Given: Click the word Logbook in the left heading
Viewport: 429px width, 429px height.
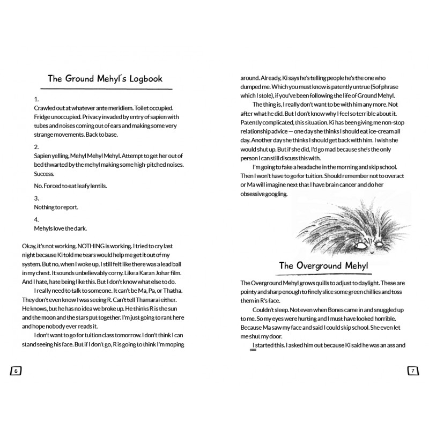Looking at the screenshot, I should (x=142, y=78).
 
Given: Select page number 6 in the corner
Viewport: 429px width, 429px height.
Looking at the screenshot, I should (x=16, y=370).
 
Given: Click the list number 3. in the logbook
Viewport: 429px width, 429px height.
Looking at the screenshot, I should (x=36, y=198).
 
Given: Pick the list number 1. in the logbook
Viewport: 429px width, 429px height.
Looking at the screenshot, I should (x=36, y=100).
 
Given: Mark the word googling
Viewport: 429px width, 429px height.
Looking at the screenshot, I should (x=276, y=194).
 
